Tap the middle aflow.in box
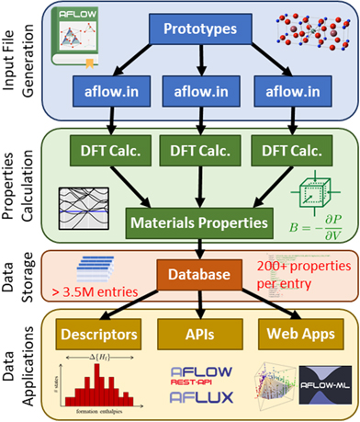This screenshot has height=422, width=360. pyautogui.click(x=198, y=93)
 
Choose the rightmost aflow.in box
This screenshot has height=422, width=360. pyautogui.click(x=291, y=93)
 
